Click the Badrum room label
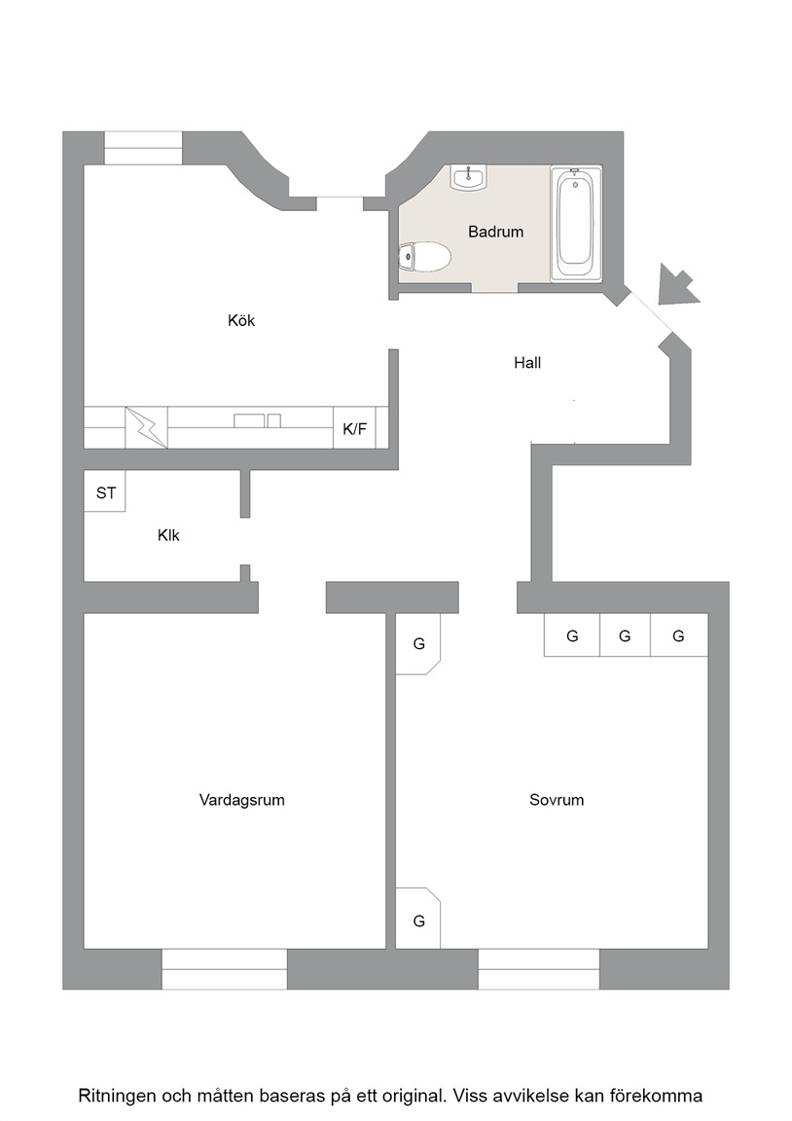pos(495,232)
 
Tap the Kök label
pos(241,320)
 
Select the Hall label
pos(527,362)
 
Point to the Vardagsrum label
pos(241,800)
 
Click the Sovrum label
pos(557,800)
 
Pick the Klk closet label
pos(168,535)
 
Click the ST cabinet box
pos(105,490)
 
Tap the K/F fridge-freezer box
pos(354,428)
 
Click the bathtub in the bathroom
pos(575,222)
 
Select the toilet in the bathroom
pos(424,256)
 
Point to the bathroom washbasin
pos(468,176)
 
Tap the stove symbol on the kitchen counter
pos(147,427)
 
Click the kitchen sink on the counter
pos(257,420)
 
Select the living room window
pos(225,969)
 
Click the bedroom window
pos(539,969)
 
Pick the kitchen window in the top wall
pos(143,148)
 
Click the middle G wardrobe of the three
pos(625,634)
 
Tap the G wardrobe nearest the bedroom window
pos(419,919)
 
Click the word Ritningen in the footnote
pos(117,1096)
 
